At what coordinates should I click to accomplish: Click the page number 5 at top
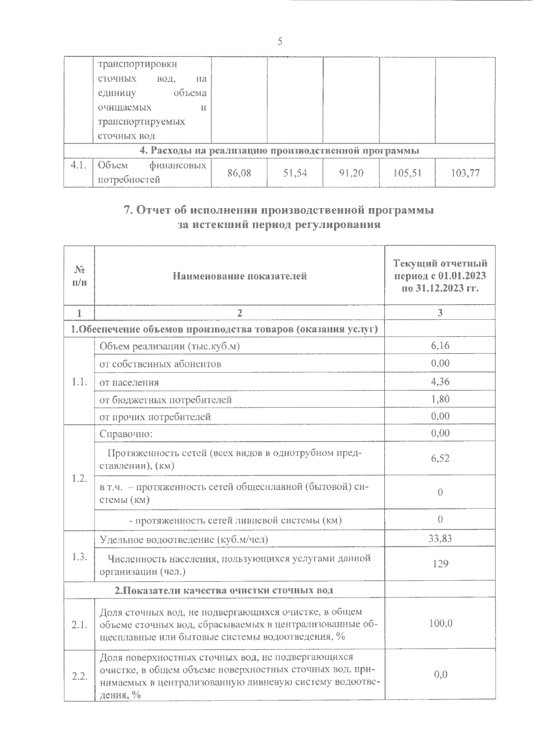click(279, 42)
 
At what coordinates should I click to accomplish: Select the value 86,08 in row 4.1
click(239, 173)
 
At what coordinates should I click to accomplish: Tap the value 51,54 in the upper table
click(295, 173)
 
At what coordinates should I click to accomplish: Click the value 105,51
click(407, 173)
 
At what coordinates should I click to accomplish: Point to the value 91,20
click(351, 173)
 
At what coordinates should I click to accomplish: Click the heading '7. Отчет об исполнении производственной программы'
click(278, 210)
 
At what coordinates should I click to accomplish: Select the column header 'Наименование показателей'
click(239, 276)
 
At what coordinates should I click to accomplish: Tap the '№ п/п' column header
click(79, 276)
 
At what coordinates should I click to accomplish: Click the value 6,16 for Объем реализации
click(440, 345)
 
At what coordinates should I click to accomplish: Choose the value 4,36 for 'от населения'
click(440, 381)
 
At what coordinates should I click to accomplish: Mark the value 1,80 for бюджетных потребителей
click(440, 399)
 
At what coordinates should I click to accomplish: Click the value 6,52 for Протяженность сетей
click(440, 458)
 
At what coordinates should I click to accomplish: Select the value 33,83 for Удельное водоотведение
click(440, 538)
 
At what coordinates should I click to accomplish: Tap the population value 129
click(440, 563)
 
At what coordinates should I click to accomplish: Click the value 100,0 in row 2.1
click(440, 623)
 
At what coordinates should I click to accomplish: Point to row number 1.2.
click(79, 478)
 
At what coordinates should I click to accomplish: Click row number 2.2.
click(79, 676)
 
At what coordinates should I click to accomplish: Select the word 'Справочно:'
click(126, 434)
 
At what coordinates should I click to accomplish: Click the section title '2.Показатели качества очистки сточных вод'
click(224, 590)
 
